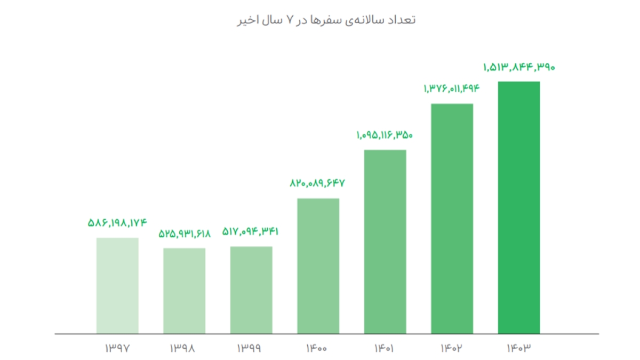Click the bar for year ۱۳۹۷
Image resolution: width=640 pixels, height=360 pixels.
117,285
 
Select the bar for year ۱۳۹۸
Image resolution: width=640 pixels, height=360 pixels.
184,291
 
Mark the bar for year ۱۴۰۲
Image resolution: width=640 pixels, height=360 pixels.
452,219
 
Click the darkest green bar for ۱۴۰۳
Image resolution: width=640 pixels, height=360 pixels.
519,207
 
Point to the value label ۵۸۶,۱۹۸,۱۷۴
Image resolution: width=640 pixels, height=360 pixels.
117,223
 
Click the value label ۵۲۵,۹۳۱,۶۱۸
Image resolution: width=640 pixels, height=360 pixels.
184,234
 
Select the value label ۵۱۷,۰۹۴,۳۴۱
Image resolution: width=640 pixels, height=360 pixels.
251,231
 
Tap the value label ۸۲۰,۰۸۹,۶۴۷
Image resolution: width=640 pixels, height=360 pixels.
318,183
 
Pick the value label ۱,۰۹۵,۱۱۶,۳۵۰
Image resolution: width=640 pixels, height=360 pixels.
385,135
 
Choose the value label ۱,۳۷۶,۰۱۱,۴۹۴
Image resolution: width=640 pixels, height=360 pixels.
452,89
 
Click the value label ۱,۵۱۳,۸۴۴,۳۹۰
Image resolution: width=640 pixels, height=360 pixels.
519,67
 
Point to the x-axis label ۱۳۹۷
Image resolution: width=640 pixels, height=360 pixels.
117,349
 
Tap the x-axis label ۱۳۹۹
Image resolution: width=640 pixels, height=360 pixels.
251,349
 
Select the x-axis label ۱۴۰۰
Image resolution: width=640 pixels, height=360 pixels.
318,349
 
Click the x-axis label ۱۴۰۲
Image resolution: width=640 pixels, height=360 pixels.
452,349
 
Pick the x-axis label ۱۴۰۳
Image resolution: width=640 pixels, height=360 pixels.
519,349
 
